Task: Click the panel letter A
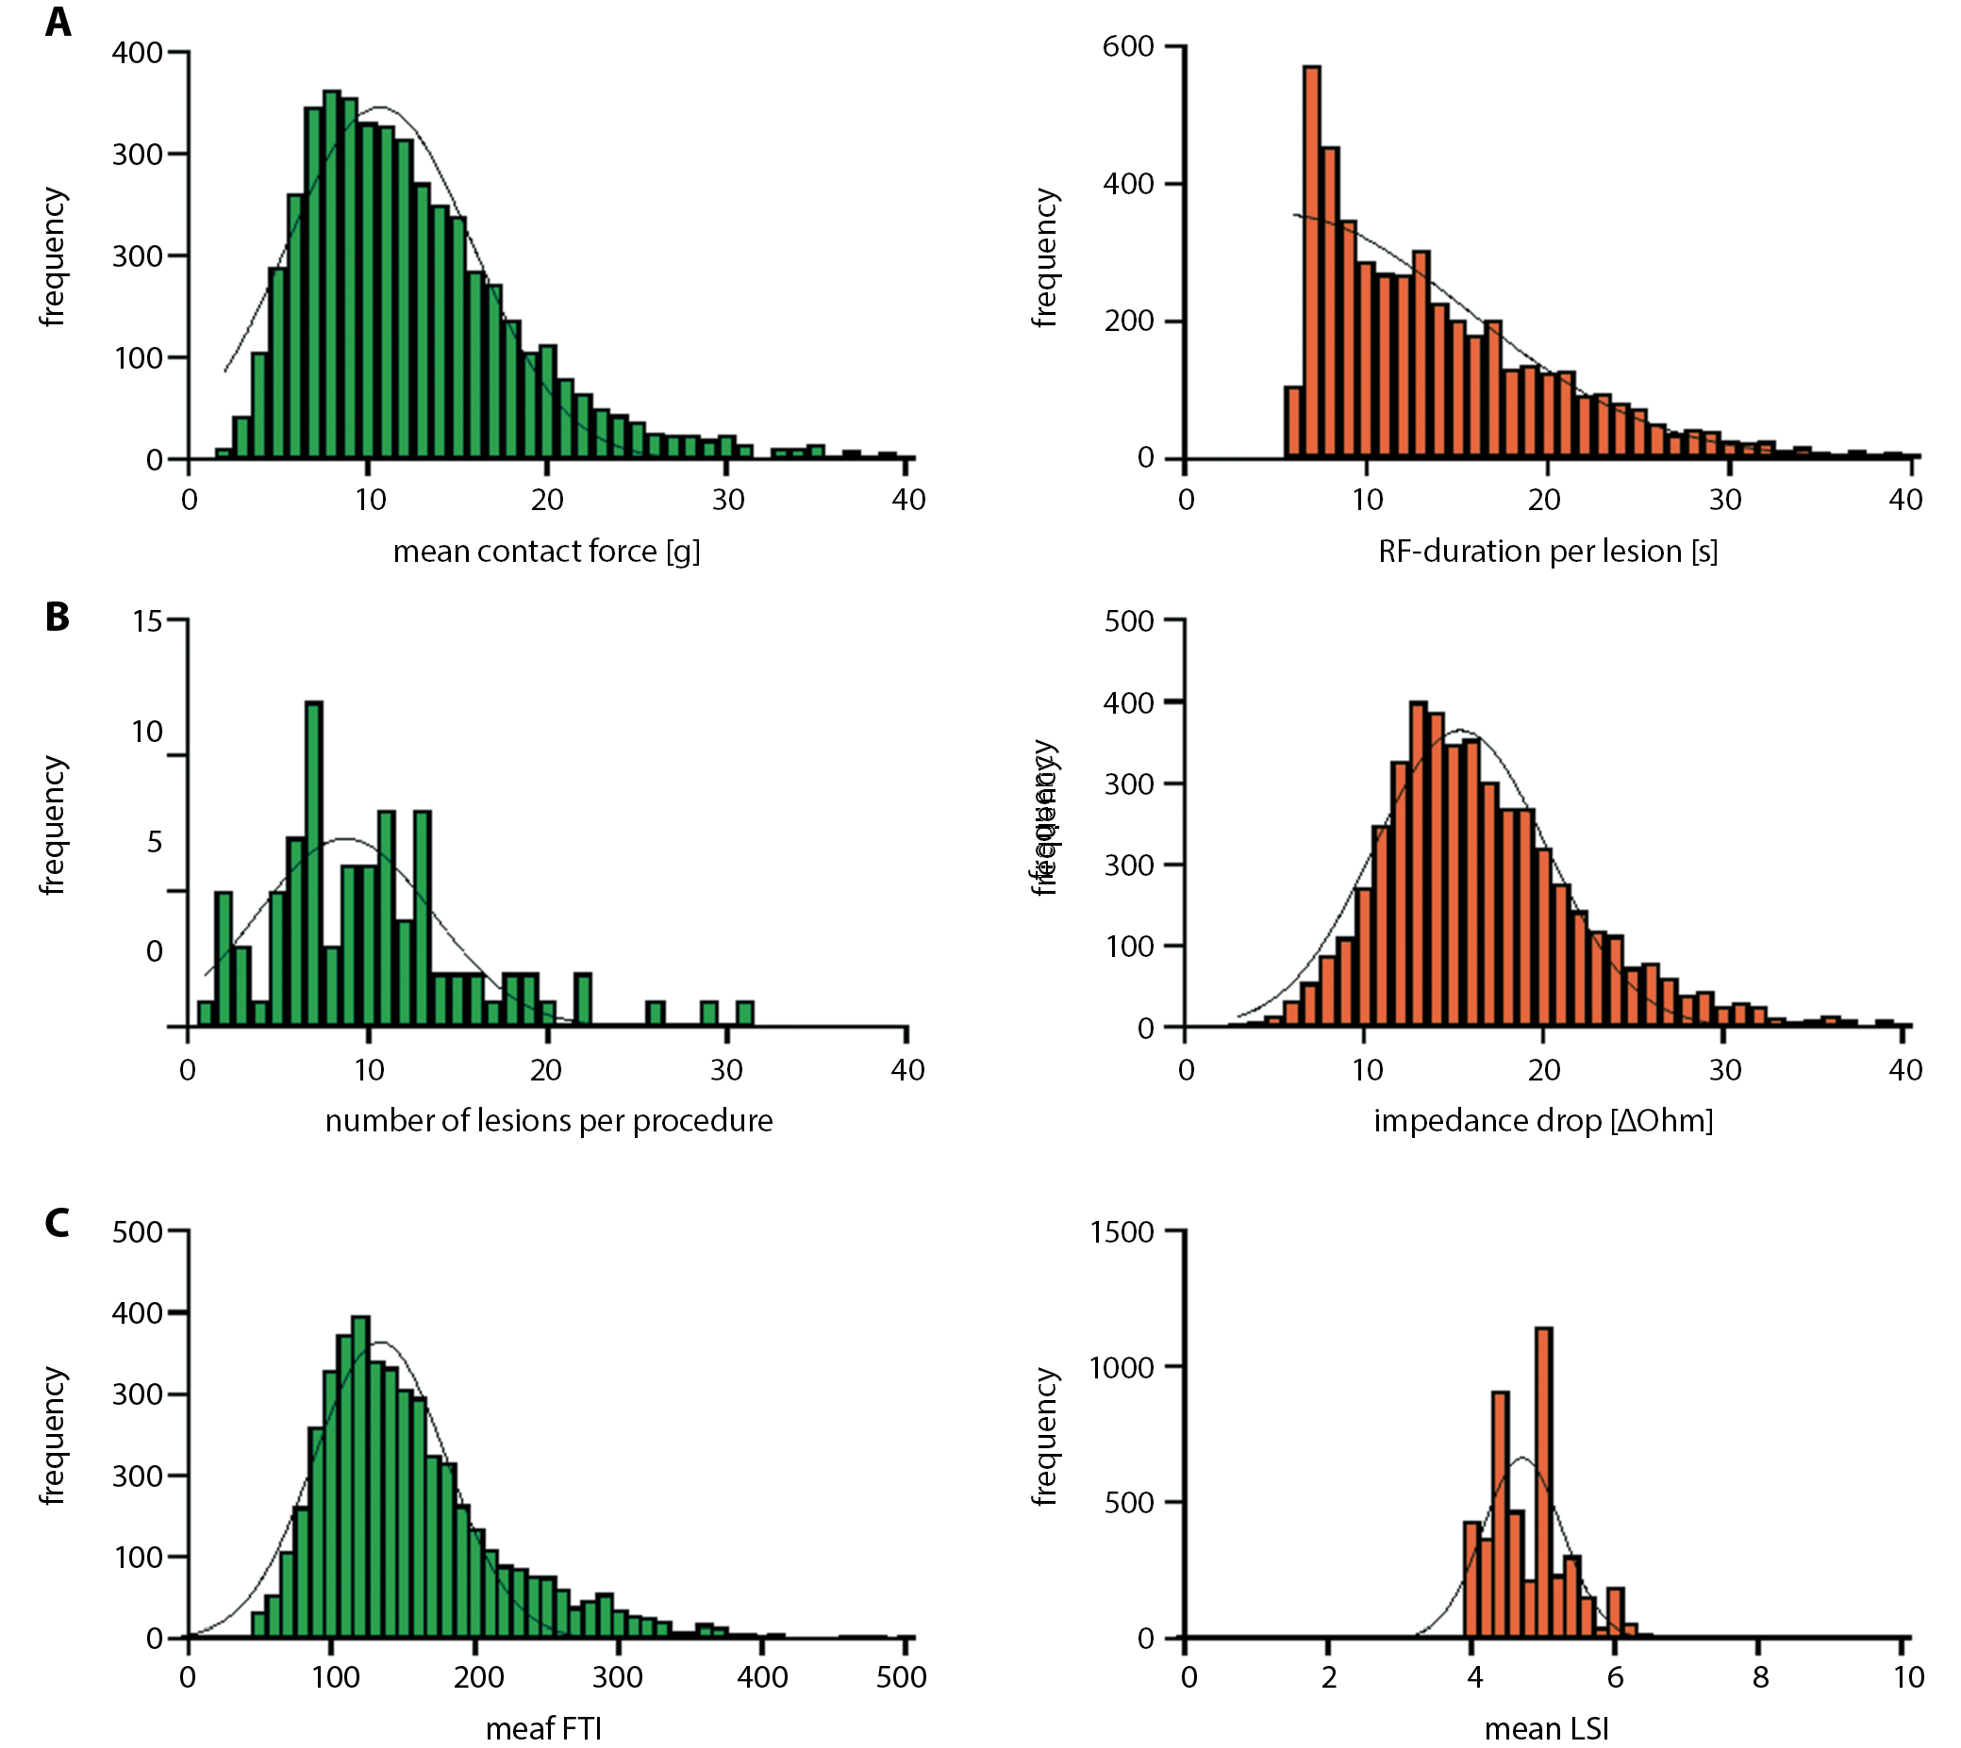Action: tap(58, 22)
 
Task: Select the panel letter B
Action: tap(58, 617)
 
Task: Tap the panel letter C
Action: tap(58, 1223)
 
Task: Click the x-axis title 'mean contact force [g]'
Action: tap(546, 552)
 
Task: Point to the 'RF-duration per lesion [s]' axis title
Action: tap(1547, 552)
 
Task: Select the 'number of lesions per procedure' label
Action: tap(549, 1120)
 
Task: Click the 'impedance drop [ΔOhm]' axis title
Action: tap(1543, 1120)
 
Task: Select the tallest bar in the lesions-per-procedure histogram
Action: tap(313, 865)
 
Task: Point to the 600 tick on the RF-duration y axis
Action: tap(1128, 46)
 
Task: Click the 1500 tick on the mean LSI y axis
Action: tap(1122, 1231)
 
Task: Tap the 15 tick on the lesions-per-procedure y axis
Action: tap(147, 621)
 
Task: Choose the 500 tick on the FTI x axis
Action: tap(901, 1677)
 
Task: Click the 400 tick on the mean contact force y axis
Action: tap(138, 52)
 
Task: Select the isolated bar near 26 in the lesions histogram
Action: tap(656, 1014)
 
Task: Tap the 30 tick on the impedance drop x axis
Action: tap(1724, 1069)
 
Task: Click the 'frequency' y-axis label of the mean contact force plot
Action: tap(53, 256)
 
